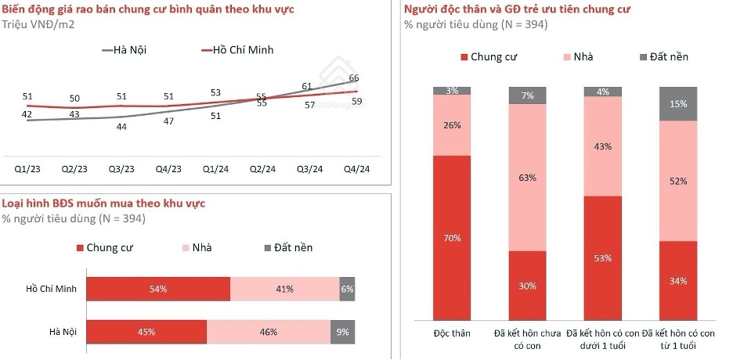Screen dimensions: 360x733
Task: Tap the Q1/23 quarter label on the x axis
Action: coord(28,169)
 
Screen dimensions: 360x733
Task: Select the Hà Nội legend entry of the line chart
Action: coord(125,51)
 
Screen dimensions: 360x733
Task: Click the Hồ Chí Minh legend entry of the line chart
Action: coord(238,51)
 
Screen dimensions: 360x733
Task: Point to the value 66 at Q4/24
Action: coord(354,77)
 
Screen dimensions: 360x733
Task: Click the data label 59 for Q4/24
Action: coord(356,101)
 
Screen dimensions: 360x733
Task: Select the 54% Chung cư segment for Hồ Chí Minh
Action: coord(158,289)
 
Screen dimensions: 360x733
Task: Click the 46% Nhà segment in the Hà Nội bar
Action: coord(269,332)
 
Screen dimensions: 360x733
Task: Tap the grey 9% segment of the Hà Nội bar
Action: coord(343,332)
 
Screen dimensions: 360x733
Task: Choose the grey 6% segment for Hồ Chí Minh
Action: coord(347,289)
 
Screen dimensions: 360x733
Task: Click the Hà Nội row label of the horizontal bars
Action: coord(59,332)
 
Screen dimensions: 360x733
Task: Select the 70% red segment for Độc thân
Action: coord(452,238)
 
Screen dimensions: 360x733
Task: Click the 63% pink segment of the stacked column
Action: coord(528,178)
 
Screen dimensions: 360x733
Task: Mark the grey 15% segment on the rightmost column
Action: coord(677,104)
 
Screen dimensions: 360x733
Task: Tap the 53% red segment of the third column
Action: coord(603,257)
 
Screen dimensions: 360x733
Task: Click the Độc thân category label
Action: coord(452,333)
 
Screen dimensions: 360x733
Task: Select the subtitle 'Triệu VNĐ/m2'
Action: coord(39,24)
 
